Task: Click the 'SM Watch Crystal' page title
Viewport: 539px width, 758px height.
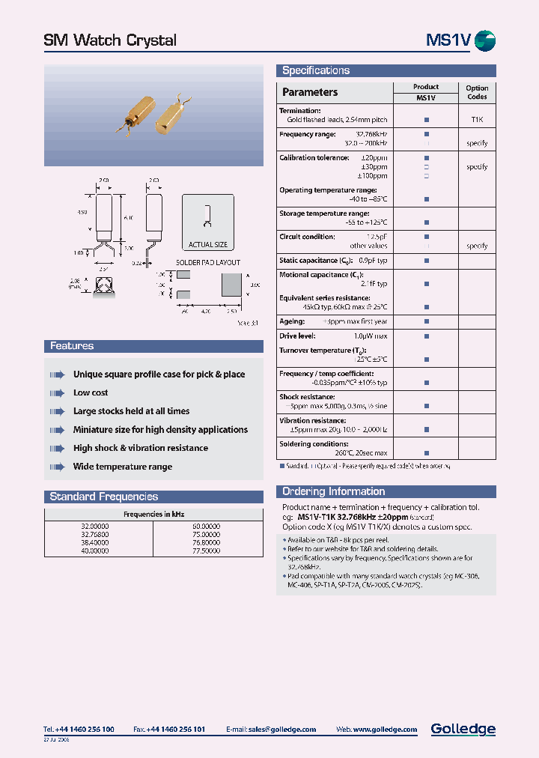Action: click(110, 40)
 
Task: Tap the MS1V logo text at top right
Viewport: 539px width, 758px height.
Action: click(448, 40)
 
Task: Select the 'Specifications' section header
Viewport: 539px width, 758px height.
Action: click(315, 70)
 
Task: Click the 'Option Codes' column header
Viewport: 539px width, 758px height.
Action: click(477, 92)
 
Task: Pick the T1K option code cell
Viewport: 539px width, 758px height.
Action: click(477, 120)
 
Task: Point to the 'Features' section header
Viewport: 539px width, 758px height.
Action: click(72, 346)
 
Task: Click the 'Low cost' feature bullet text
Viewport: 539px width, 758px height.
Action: click(91, 392)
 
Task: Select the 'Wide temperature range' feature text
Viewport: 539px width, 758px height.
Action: click(123, 467)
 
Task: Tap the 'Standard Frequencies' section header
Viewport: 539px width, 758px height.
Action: click(103, 497)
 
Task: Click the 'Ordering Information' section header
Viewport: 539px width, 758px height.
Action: click(333, 491)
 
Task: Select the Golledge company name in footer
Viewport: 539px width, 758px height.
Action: click(463, 729)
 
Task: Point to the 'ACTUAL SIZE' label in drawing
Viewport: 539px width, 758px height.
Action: click(207, 244)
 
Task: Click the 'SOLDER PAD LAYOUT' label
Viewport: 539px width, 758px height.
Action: click(207, 263)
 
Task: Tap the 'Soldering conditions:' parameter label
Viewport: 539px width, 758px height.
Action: click(314, 443)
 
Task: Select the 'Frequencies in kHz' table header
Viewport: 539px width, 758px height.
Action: click(153, 515)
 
